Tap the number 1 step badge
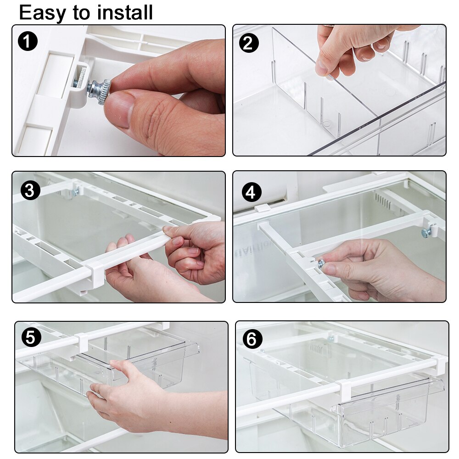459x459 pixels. tap(28, 42)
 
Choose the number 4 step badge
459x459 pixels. tap(250, 192)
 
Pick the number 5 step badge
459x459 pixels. tap(31, 338)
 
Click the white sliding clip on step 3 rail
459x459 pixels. tap(94, 274)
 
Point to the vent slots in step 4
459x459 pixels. tap(384, 201)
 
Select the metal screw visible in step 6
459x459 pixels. tap(330, 338)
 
